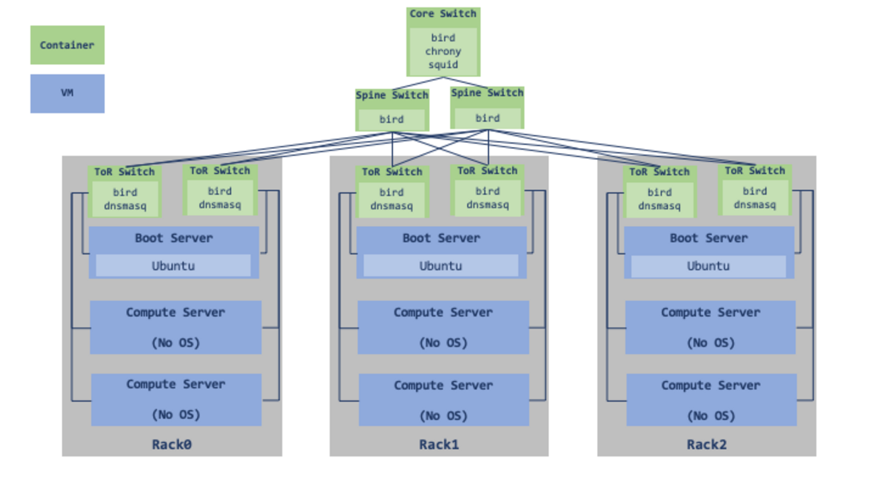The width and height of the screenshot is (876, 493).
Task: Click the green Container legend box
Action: [x=67, y=45]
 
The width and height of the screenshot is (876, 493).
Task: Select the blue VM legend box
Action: [x=67, y=93]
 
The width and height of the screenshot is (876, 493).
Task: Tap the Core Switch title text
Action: [x=443, y=14]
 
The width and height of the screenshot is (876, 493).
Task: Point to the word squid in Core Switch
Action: [x=443, y=65]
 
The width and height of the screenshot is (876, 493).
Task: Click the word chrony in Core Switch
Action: [x=443, y=51]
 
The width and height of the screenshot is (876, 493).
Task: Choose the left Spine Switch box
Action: [x=392, y=109]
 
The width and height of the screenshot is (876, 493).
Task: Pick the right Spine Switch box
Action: [x=487, y=107]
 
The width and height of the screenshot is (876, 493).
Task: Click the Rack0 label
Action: [x=172, y=444]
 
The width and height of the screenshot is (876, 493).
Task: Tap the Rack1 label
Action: [x=439, y=444]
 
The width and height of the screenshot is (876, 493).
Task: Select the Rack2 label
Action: [x=707, y=444]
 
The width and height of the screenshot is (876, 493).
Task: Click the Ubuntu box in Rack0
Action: [x=173, y=266]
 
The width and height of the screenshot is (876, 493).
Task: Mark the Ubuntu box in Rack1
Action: [x=441, y=266]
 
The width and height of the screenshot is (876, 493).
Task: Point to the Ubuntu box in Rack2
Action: [x=708, y=266]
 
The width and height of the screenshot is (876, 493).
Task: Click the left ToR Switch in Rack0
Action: [x=125, y=192]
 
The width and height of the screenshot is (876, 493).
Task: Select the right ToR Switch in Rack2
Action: [x=755, y=190]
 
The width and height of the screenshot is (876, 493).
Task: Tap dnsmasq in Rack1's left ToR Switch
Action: [x=392, y=206]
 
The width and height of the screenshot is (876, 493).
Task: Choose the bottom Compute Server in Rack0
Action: [x=176, y=399]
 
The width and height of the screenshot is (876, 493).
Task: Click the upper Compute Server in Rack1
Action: [x=443, y=327]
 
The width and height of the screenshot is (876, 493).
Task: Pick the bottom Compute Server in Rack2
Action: [x=711, y=399]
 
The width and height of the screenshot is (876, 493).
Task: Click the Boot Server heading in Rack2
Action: [x=708, y=238]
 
